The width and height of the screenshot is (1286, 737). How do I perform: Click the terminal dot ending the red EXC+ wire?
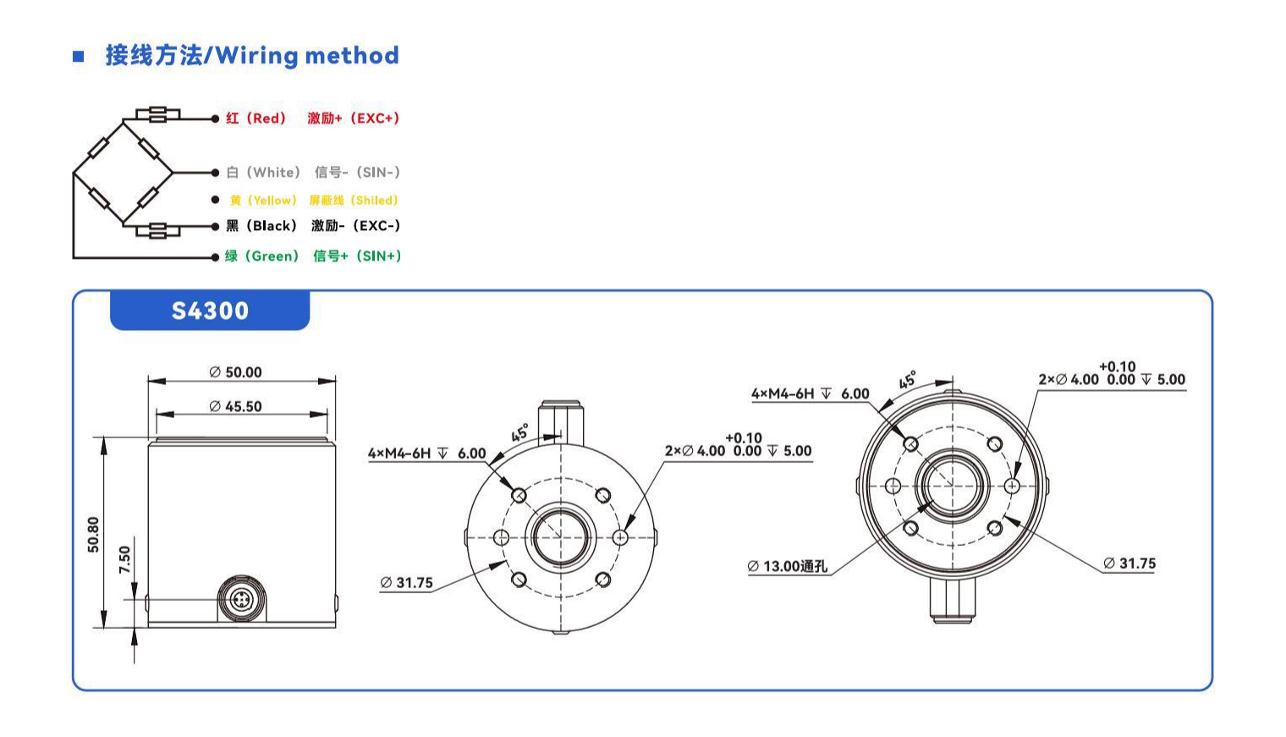215,118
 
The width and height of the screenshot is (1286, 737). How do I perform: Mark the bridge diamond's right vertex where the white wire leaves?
173,173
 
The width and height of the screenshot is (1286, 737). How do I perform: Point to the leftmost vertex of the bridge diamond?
74,173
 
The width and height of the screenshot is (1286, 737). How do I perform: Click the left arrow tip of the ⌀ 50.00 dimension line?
148,381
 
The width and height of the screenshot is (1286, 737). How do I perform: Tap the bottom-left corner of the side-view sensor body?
148,627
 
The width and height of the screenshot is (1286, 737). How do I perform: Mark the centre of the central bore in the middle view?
560,537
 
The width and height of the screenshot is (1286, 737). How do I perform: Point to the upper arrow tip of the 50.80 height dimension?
104,437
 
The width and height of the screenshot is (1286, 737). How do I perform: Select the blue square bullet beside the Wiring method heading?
79,56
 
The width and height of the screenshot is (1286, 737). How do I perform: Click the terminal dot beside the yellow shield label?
215,200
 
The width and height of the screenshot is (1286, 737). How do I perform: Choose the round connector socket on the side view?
241,599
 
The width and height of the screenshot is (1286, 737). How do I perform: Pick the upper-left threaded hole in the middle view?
519,495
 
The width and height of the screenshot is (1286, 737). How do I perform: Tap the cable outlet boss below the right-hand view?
953,600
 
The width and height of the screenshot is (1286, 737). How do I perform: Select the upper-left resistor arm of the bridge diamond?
98,147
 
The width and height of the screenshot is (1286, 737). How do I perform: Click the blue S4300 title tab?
210,311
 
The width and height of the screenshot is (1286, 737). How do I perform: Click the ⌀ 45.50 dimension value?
235,406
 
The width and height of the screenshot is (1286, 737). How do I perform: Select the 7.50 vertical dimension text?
124,559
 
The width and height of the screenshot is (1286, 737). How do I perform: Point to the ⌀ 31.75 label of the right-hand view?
1129,564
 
